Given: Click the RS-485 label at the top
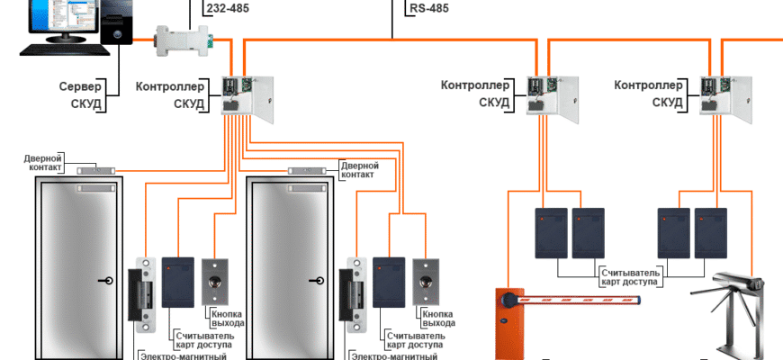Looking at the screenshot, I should tap(427, 10).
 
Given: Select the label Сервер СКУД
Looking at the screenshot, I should tap(80, 95).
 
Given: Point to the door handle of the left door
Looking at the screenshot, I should tap(107, 281).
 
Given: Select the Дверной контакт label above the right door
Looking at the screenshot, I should tap(359, 170).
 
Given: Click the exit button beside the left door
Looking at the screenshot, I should tap(216, 280).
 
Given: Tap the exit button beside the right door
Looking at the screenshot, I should tap(426, 280).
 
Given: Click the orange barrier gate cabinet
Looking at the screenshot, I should tap(509, 324).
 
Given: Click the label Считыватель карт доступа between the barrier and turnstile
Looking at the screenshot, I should tap(630, 276).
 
